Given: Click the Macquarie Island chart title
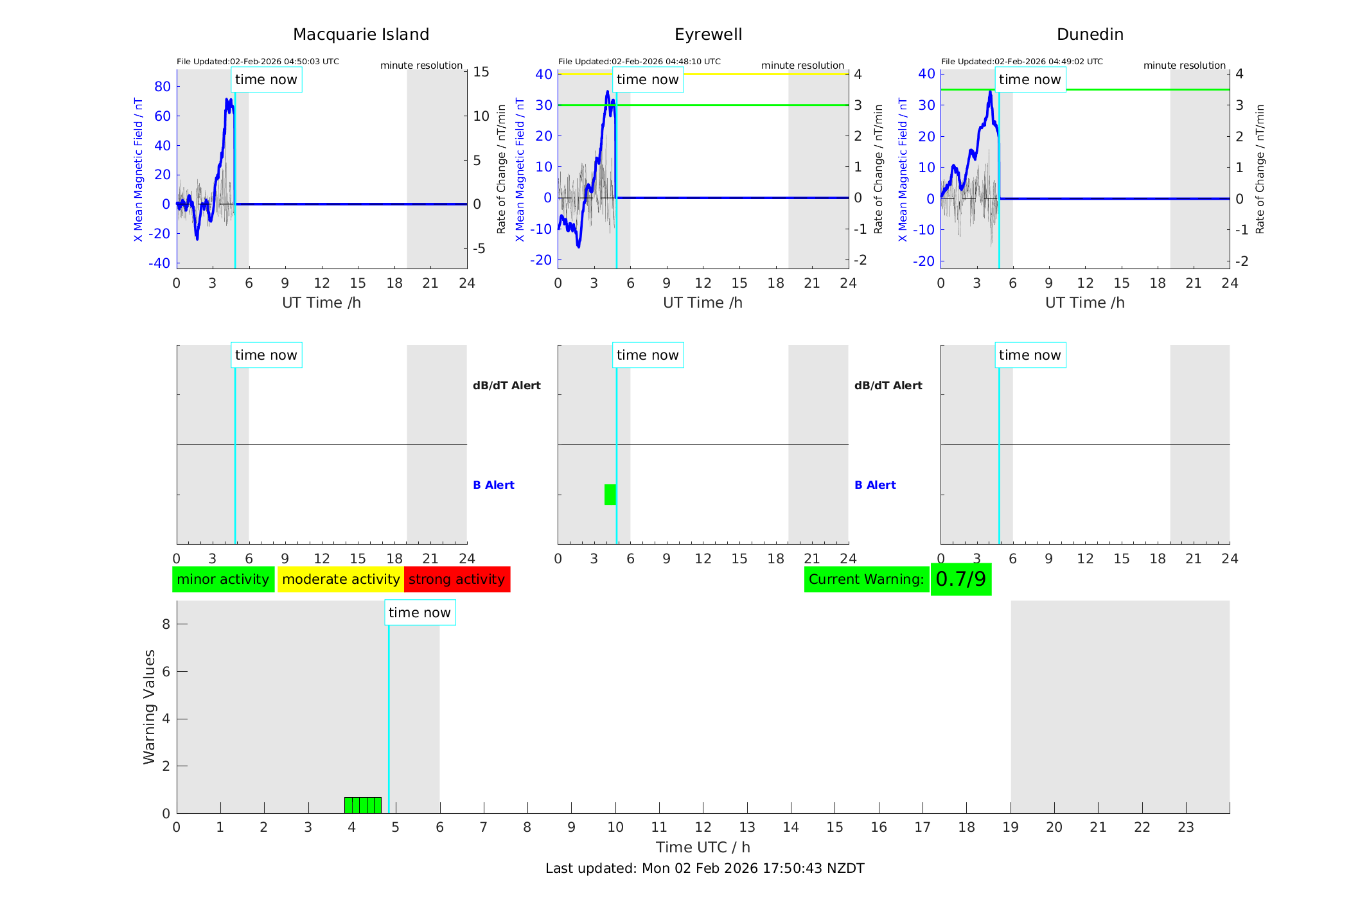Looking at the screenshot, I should [360, 35].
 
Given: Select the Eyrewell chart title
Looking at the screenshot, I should [708, 35].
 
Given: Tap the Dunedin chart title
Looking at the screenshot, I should [1090, 35].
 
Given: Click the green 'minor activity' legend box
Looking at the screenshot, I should [223, 579].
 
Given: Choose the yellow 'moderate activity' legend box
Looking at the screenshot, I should [340, 579].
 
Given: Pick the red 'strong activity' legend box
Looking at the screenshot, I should [457, 579].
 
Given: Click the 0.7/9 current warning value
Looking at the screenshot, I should [960, 579].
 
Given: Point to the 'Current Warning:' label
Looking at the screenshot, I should [866, 579].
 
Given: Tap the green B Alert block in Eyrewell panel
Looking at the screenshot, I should [610, 495].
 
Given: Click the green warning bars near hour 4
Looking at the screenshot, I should [363, 805].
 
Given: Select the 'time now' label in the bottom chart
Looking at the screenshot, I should [419, 613].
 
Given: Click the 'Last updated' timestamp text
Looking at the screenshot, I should [705, 868].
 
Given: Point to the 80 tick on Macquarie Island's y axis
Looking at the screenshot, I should [163, 87].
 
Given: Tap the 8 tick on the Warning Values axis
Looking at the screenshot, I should [166, 624].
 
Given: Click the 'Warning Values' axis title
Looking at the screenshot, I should [149, 707].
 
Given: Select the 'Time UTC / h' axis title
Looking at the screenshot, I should [703, 847].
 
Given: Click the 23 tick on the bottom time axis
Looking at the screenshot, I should [1185, 827].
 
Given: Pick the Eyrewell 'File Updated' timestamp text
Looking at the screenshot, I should [639, 62].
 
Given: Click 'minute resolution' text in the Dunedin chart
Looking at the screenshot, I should [1184, 66].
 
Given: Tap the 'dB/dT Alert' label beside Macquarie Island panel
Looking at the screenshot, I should [506, 385].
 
